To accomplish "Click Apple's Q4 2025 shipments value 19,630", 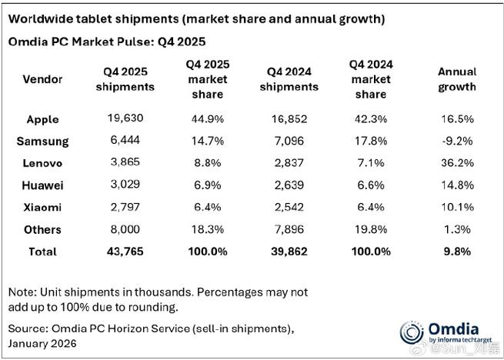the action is coord(125,118).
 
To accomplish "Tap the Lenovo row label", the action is coord(42,163).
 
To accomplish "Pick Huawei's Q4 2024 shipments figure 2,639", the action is coord(289,185).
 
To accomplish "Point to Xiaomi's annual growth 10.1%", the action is coord(456,207).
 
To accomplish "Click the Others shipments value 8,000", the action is coord(125,229).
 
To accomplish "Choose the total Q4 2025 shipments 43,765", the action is coord(125,252).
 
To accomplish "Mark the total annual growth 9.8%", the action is coord(457,252).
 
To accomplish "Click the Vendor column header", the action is coord(42,79).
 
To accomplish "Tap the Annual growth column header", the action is coord(457,79).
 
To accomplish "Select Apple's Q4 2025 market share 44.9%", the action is coord(207,119).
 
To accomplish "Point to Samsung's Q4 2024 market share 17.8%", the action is coord(371,141).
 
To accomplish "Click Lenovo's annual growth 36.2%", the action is coord(456,162).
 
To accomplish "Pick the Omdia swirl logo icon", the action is coord(412,333).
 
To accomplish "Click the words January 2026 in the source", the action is coord(42,343).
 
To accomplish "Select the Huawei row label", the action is coord(42,185).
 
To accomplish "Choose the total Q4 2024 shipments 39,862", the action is coord(289,252).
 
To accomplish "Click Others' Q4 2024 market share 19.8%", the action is coord(371,229).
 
